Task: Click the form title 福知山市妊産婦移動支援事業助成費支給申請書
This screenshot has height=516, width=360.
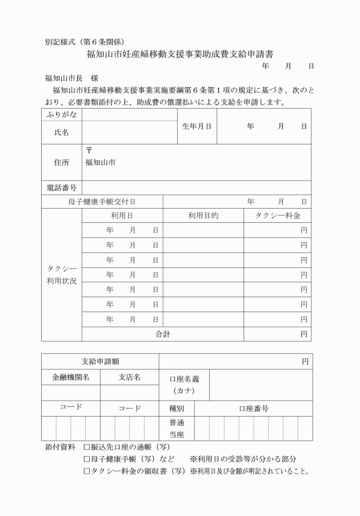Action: coord(179,55)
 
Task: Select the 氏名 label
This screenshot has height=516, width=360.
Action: coord(61,133)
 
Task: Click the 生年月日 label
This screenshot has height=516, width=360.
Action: coord(197,126)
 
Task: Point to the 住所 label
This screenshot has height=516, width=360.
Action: coord(61,162)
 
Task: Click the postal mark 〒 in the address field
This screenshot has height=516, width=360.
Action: coord(89,150)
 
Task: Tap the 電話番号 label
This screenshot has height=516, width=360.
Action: coord(61,187)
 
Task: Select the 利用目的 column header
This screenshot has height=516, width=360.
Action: coord(203,216)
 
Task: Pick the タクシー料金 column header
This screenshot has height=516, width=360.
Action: coord(277,216)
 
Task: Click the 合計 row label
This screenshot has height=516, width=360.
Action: coord(163,334)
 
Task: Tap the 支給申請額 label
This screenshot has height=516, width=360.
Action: coord(100,361)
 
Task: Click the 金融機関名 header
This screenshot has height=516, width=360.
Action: coord(70,377)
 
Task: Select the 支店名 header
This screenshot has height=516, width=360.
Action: coord(129,377)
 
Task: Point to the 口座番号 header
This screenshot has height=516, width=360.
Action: coord(254,409)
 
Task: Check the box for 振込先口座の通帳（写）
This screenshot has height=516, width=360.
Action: coord(87,446)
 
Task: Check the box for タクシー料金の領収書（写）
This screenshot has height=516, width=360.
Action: coord(87,471)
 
